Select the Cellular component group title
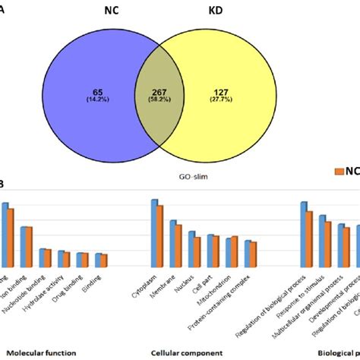[186, 352]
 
